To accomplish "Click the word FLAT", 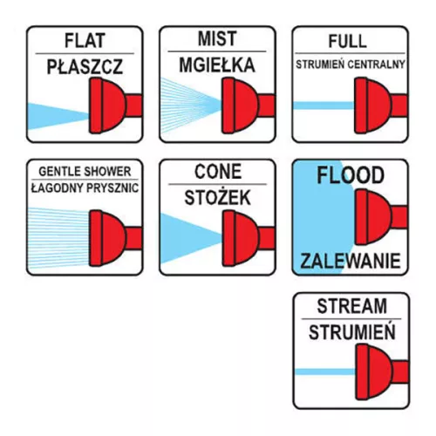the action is point(85,41).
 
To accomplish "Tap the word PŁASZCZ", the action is point(85,66).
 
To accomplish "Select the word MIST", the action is point(217,38).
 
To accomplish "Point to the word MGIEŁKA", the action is point(217,65).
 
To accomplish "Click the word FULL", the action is point(347,41).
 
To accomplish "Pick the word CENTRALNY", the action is point(377,65).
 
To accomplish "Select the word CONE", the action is point(218,172).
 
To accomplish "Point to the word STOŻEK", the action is point(217,198).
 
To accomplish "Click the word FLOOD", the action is point(351,175).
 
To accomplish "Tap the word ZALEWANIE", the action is point(351,261).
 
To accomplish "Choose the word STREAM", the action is point(352,306).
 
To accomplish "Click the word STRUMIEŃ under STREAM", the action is point(352,331).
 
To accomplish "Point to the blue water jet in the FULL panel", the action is point(324,106).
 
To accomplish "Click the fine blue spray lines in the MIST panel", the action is point(190,106).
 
